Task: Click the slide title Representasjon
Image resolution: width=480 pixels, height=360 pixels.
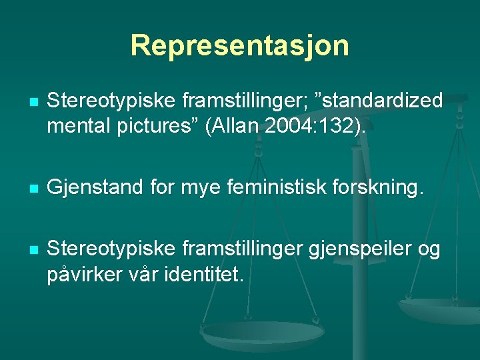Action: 239,45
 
